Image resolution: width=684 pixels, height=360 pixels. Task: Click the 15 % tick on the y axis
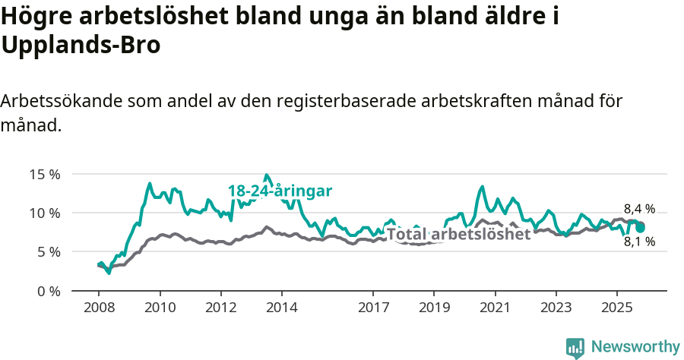[x=45, y=174]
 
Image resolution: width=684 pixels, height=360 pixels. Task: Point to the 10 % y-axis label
[x=45, y=213]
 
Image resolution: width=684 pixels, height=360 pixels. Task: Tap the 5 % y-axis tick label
[x=48, y=251]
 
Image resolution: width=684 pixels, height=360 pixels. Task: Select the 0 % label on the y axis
[x=48, y=291]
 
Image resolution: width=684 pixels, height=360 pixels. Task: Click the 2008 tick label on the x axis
[x=99, y=308]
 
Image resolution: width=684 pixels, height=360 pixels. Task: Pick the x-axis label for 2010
[x=160, y=308]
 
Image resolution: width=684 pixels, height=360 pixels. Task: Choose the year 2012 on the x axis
[x=220, y=308]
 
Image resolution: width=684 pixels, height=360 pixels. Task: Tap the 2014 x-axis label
[x=281, y=308]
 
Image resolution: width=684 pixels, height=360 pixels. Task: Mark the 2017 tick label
[x=373, y=308]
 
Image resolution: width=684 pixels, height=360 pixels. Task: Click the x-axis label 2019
[x=434, y=308]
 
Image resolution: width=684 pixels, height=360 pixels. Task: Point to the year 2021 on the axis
[x=495, y=308]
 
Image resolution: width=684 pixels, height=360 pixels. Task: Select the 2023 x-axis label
[x=556, y=308]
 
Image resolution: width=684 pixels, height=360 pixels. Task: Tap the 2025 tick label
[x=616, y=308]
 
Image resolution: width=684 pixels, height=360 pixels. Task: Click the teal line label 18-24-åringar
[x=280, y=191]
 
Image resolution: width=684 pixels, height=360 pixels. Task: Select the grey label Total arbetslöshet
[x=458, y=234]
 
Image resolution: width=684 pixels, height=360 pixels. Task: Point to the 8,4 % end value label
[x=639, y=209]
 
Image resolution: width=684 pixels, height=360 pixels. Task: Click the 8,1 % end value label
[x=639, y=242]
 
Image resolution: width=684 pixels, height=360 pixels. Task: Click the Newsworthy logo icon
[x=575, y=347]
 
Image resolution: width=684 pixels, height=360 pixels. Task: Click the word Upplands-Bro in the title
[x=81, y=46]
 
